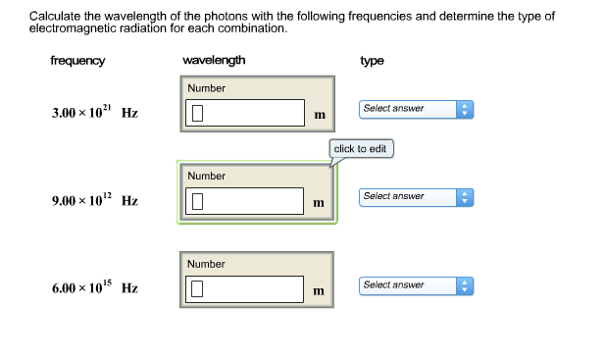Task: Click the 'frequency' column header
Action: [77, 61]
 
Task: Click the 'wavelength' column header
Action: [214, 61]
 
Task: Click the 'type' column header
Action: [372, 61]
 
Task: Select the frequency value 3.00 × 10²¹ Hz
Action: [94, 113]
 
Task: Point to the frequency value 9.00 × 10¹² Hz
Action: [94, 201]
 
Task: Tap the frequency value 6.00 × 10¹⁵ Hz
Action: [94, 288]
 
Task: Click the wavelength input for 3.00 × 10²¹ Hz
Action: [244, 113]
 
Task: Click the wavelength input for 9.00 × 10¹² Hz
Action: [244, 201]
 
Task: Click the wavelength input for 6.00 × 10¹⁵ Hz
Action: [244, 288]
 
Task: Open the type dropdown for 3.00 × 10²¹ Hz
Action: [416, 109]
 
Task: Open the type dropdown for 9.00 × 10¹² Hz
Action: [416, 197]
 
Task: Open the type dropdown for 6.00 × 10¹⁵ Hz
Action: [416, 285]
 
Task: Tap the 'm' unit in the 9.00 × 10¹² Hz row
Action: [319, 203]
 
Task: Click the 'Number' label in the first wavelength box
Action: [207, 88]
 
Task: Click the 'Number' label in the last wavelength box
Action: [207, 264]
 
